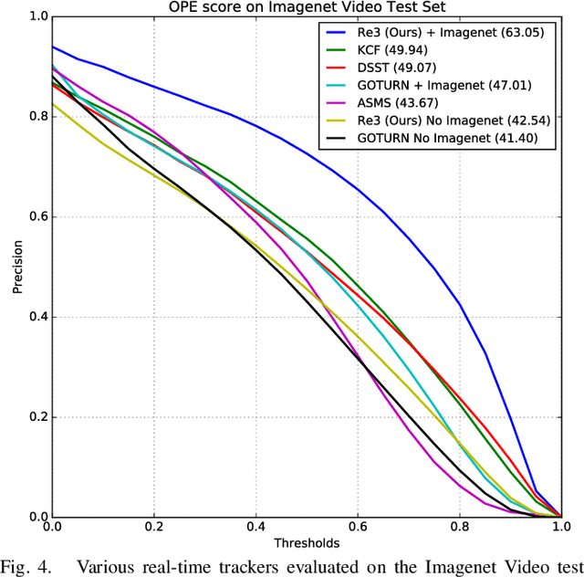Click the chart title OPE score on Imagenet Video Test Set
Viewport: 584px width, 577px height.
click(x=306, y=7)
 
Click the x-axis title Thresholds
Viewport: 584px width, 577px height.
click(x=306, y=541)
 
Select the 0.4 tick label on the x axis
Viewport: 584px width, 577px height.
click(x=255, y=527)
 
